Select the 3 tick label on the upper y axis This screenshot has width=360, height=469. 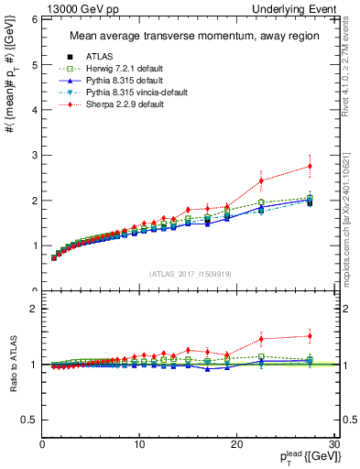[x=34, y=156]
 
